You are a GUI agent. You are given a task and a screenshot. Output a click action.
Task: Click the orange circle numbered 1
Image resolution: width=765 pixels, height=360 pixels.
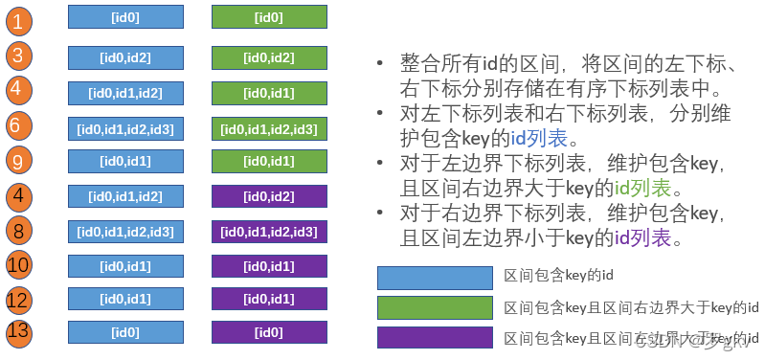17,21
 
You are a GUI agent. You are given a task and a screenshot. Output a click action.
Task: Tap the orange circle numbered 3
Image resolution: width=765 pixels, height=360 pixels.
17,56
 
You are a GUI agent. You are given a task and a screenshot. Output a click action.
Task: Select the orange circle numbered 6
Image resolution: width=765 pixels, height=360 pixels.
17,126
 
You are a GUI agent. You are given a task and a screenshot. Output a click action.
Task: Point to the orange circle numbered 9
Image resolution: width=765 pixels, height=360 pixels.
17,160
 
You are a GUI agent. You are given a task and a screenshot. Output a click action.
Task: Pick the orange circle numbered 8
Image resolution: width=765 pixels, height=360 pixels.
17,230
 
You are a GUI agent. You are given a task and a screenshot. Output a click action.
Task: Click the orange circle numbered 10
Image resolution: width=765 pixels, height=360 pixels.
17,264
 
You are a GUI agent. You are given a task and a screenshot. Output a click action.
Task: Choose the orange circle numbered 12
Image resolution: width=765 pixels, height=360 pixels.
17,300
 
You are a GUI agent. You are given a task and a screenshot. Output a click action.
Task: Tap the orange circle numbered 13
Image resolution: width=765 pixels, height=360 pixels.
17,332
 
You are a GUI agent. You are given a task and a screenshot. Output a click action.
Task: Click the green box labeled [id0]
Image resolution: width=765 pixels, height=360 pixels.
269,16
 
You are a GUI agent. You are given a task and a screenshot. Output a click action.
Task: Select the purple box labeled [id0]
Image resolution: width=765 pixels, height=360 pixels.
269,332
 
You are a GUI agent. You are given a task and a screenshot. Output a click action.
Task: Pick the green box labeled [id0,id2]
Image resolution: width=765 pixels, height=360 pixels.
269,57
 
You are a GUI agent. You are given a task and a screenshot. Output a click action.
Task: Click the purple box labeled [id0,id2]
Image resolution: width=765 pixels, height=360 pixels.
269,196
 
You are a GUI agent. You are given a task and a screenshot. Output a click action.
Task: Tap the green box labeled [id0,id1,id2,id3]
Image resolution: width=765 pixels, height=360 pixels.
269,127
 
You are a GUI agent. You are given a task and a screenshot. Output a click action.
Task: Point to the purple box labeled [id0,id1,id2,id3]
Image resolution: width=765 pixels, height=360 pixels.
269,231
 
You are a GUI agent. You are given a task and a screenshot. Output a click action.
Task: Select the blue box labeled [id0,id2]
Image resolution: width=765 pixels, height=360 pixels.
125,57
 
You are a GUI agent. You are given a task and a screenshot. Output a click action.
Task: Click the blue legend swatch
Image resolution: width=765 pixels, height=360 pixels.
436,277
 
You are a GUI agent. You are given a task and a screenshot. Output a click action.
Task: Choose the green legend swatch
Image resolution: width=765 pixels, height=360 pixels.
436,307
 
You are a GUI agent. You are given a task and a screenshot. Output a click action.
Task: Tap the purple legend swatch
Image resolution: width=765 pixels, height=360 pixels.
436,338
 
